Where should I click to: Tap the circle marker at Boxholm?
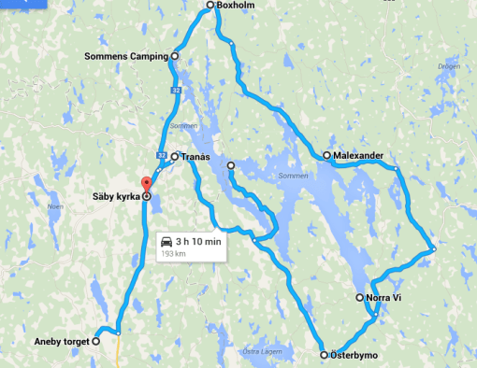pos(210,6)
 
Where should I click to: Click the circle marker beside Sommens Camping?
pos(175,56)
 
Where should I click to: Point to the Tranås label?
pos(195,157)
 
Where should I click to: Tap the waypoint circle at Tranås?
pos(175,157)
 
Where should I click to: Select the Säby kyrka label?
pos(115,197)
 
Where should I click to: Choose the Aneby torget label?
pos(60,342)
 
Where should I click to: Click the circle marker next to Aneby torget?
pos(96,342)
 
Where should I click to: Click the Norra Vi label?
pos(383,298)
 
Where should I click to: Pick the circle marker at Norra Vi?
pos(360,298)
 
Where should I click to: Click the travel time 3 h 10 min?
pos(198,242)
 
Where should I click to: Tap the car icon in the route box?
pos(166,242)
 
